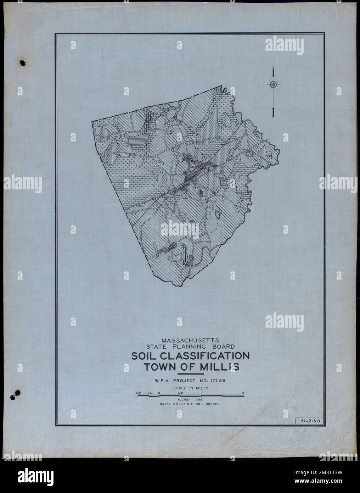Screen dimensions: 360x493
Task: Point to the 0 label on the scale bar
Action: coord(159,393)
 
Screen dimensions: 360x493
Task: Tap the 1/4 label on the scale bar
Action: coord(148,393)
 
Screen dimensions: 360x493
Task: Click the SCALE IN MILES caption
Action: coord(191,388)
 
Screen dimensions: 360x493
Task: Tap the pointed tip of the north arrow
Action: coord(273,67)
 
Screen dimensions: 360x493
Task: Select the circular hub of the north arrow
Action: coord(273,84)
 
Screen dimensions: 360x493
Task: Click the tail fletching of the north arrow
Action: coord(273,113)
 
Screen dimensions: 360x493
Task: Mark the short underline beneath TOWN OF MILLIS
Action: coord(191,374)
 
